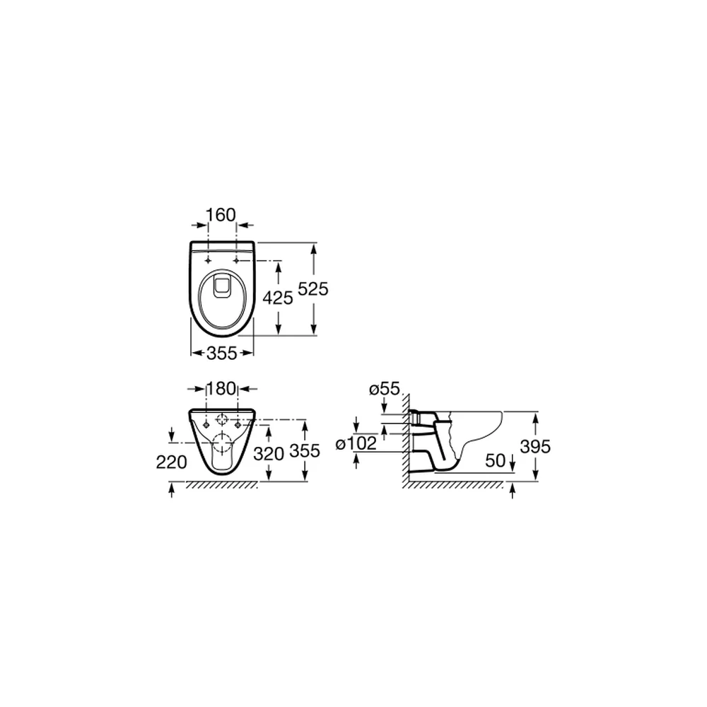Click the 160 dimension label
[221, 215]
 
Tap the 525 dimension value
[313, 289]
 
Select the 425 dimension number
[278, 298]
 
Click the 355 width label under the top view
[222, 353]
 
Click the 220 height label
[171, 462]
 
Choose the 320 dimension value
[269, 454]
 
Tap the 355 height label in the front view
[305, 450]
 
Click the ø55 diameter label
[385, 389]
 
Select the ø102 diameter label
[356, 444]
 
